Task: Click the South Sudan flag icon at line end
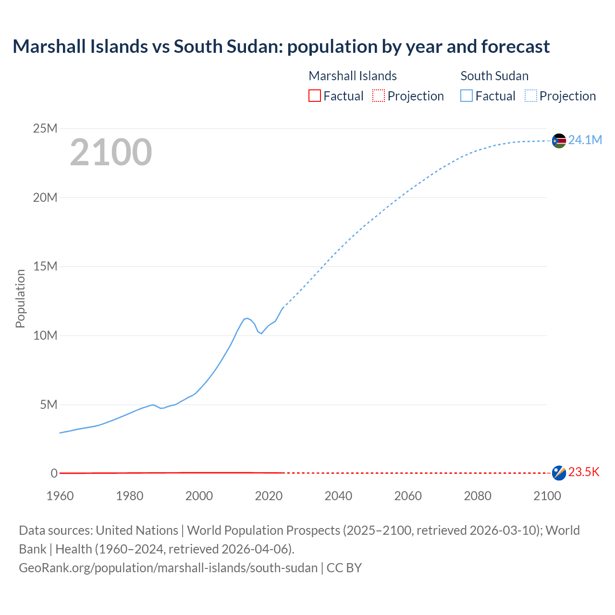pyautogui.click(x=559, y=141)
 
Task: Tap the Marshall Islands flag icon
pyautogui.click(x=559, y=473)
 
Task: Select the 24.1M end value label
pyautogui.click(x=585, y=140)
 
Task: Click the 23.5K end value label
pyautogui.click(x=584, y=472)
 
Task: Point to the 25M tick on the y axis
pyautogui.click(x=45, y=128)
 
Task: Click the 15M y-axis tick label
pyautogui.click(x=45, y=266)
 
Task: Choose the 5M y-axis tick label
pyautogui.click(x=49, y=405)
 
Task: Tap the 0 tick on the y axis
pyautogui.click(x=54, y=473)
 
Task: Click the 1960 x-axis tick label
pyautogui.click(x=60, y=496)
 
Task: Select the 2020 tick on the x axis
pyautogui.click(x=269, y=496)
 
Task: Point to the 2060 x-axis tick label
pyautogui.click(x=408, y=496)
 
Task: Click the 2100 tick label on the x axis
pyautogui.click(x=547, y=496)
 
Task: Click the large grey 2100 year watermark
pyautogui.click(x=111, y=152)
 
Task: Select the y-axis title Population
pyautogui.click(x=20, y=298)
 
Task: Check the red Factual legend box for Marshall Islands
pyautogui.click(x=315, y=96)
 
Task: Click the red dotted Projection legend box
pyautogui.click(x=379, y=96)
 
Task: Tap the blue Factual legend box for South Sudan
pyautogui.click(x=467, y=96)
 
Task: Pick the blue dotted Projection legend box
pyautogui.click(x=531, y=96)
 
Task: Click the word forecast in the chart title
pyautogui.click(x=515, y=47)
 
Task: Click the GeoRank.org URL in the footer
pyautogui.click(x=168, y=567)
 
